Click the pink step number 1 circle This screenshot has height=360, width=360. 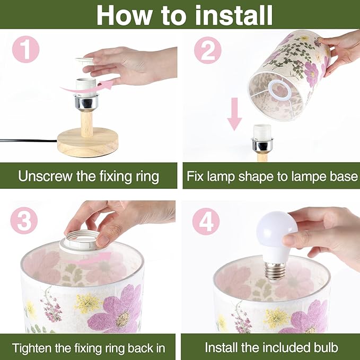(25, 49)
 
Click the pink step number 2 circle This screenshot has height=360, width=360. (207, 50)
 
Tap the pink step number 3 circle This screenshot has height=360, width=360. (24, 221)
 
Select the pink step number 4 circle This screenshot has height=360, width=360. (206, 221)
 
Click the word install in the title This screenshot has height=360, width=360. (234, 15)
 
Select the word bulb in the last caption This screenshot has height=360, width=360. (326, 347)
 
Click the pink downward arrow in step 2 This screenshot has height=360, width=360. (234, 114)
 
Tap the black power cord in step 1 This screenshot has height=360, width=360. (29, 141)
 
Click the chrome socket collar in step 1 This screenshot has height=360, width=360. (86, 101)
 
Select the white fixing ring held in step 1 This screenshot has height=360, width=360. (84, 60)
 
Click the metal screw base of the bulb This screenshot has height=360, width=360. (275, 271)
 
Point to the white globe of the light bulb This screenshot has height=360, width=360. (276, 230)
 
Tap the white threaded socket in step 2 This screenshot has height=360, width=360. (262, 132)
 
